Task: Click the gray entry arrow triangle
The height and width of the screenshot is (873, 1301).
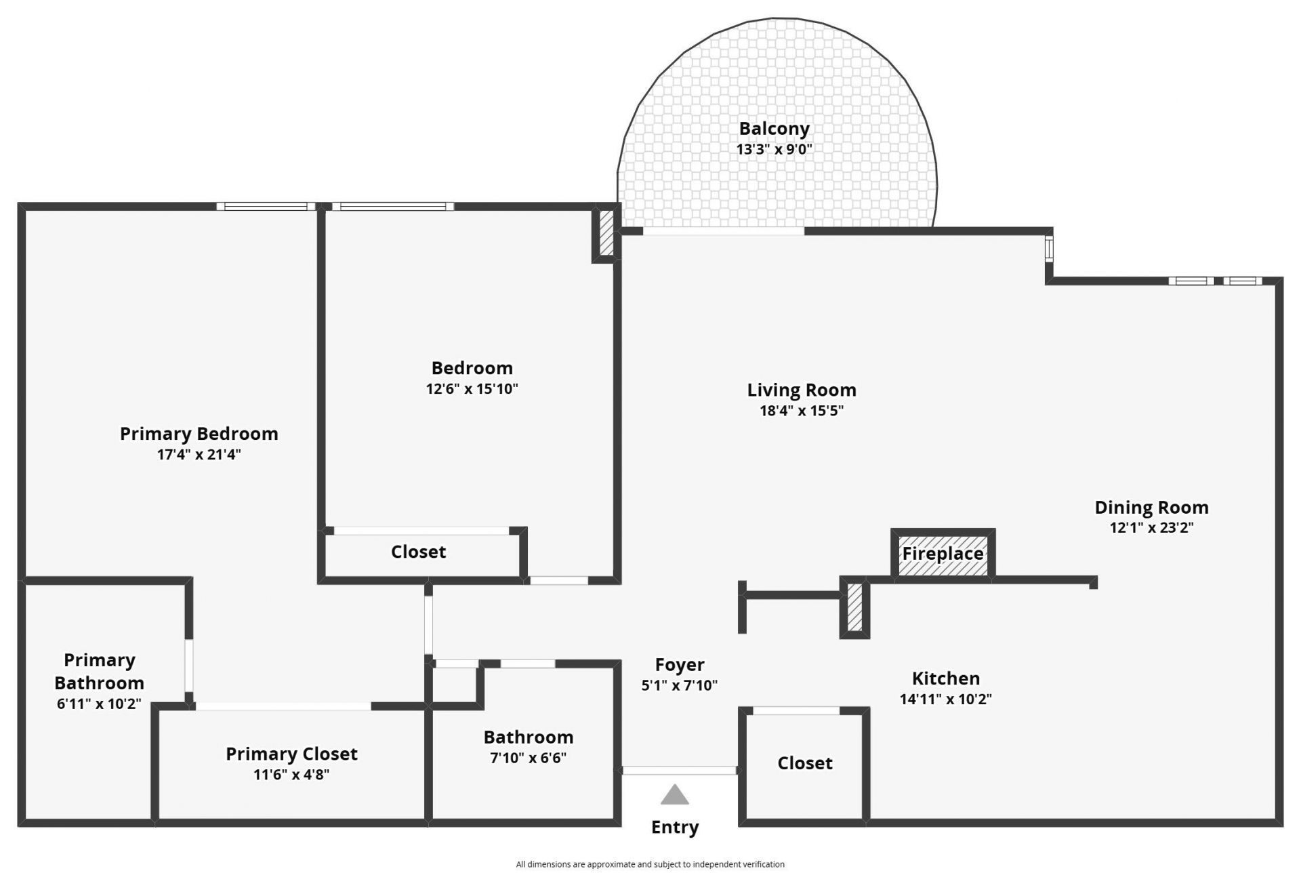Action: coord(674,796)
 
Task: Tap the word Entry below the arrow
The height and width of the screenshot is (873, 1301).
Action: coord(674,827)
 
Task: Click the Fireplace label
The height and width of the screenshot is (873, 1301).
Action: coord(943,554)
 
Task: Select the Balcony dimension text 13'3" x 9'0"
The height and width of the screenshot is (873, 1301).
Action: coord(774,149)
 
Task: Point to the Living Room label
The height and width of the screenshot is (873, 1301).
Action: coord(801,390)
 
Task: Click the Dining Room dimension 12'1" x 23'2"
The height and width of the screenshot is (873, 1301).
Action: coord(1151,527)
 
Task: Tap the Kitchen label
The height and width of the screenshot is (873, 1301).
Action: coord(945,678)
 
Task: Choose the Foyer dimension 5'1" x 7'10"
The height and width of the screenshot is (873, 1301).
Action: coord(679,685)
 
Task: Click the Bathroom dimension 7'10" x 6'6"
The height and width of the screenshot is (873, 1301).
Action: coord(528,758)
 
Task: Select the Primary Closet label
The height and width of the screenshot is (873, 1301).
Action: coord(291,754)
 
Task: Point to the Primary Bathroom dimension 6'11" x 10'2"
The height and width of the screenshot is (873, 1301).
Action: coord(99,704)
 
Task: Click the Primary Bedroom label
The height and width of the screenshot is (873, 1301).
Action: coord(199,434)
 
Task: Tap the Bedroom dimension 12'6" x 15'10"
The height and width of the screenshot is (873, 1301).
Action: coord(472,388)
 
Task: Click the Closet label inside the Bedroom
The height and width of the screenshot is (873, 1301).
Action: coord(418,552)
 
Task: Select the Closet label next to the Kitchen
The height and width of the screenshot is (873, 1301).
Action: coord(804,763)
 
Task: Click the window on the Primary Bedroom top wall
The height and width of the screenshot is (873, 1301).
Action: coord(266,207)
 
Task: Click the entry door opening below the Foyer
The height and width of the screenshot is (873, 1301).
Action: coord(679,771)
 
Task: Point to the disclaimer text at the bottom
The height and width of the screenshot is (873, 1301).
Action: coord(650,864)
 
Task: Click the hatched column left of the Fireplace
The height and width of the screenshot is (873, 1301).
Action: coord(855,607)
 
